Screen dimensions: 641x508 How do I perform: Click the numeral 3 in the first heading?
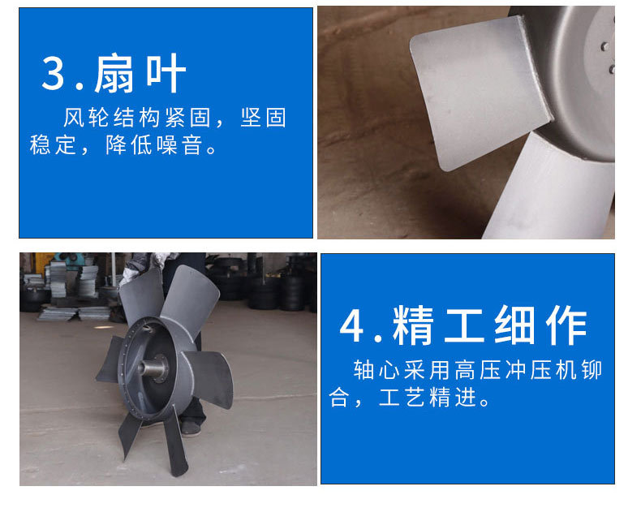[53, 73]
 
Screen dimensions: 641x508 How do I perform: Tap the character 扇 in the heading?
[114, 73]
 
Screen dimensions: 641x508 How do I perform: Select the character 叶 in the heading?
[166, 73]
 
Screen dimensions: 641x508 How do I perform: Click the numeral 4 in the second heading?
[351, 326]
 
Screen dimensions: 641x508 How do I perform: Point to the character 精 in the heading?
[413, 325]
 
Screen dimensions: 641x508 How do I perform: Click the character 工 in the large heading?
[464, 325]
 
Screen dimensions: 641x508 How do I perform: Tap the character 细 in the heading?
[514, 325]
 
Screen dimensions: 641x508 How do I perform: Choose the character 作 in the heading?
[566, 325]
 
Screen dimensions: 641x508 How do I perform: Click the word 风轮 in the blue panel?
[86, 118]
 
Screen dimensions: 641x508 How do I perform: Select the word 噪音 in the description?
[180, 144]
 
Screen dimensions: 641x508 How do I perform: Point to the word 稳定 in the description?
[53, 144]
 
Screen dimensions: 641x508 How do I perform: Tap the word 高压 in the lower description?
[477, 370]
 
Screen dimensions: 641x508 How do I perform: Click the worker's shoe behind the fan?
[191, 428]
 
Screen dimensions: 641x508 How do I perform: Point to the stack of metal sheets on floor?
[74, 313]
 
